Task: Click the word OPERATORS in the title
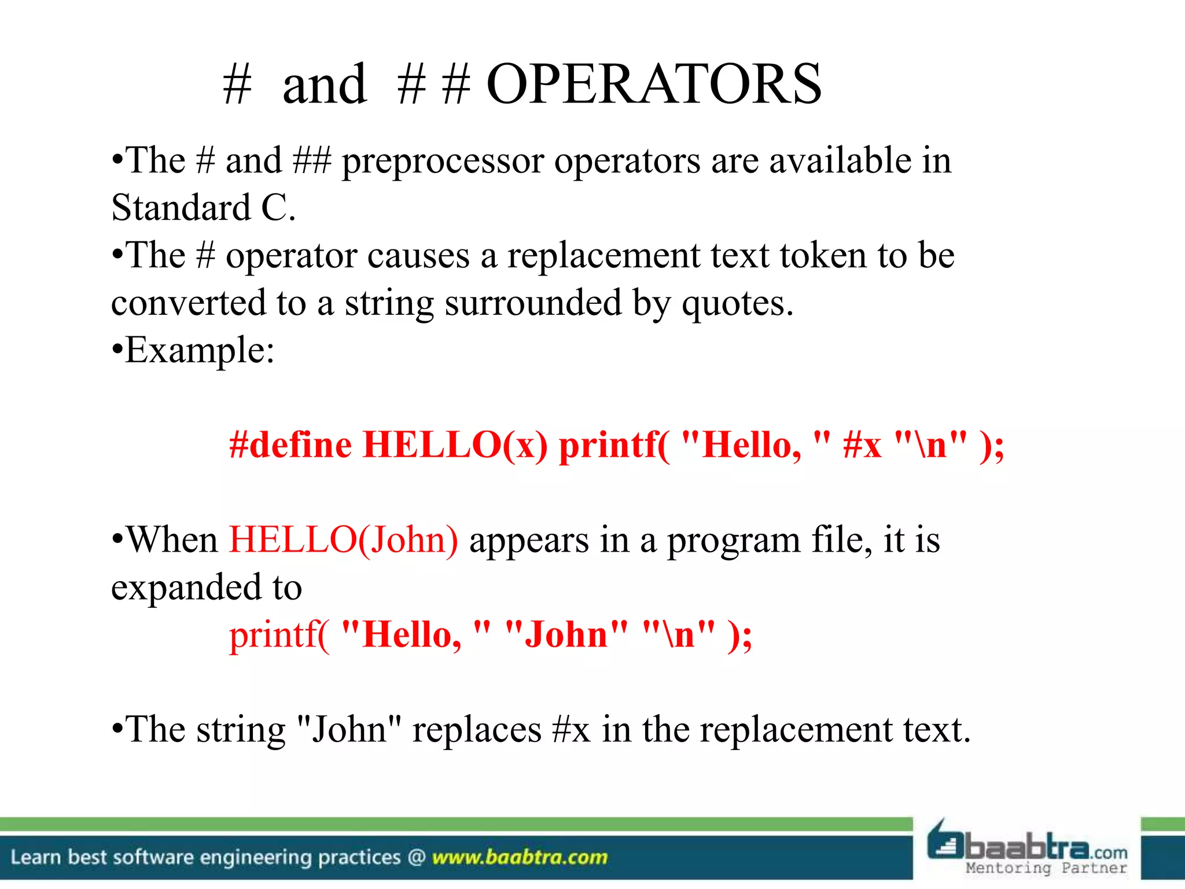pyautogui.click(x=654, y=85)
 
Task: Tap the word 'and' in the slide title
pyautogui.click(x=324, y=85)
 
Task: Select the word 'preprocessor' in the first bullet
pyautogui.click(x=443, y=161)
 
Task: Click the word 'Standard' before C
pyautogui.click(x=181, y=208)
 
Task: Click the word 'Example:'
pyautogui.click(x=200, y=351)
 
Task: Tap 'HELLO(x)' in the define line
pyautogui.click(x=455, y=445)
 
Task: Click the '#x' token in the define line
pyautogui.click(x=862, y=445)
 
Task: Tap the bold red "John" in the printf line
pyautogui.click(x=566, y=635)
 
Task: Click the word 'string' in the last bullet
pyautogui.click(x=241, y=730)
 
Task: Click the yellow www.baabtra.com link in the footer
pyautogui.click(x=520, y=857)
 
